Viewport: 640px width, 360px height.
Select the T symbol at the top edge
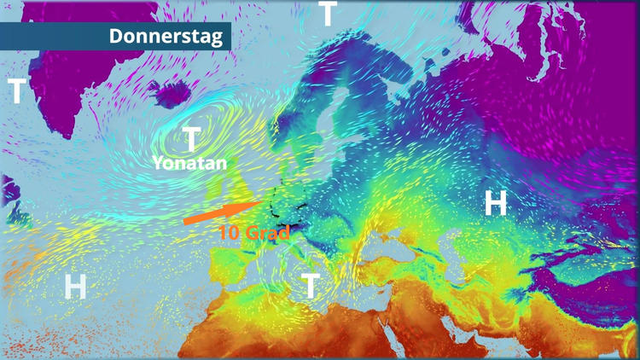[x=328, y=15]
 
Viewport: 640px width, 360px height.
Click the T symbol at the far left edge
[x=17, y=90]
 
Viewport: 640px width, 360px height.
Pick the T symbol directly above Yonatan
[x=192, y=137]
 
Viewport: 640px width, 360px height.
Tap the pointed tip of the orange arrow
[x=261, y=202]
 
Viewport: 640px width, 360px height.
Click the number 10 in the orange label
[x=228, y=231]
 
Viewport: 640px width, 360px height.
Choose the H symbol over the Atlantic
[x=75, y=287]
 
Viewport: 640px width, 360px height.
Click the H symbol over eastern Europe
[x=496, y=203]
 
